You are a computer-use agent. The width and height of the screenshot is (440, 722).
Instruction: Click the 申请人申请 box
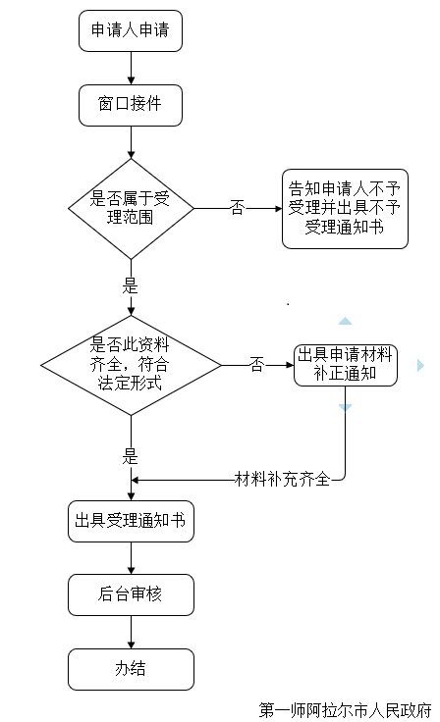coord(131,30)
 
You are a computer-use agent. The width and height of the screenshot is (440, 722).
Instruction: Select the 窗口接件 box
coord(131,105)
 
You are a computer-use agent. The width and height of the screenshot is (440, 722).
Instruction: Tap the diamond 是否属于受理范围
coord(131,209)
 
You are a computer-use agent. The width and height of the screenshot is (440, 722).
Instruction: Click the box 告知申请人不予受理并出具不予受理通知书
coord(345,209)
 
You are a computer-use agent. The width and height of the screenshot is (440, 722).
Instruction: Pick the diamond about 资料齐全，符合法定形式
coord(131,365)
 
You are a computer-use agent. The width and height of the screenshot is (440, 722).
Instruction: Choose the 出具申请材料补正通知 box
coord(346,365)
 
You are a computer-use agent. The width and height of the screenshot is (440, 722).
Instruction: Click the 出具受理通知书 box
coord(131,521)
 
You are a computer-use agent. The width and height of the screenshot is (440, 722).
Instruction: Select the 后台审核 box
coord(131,594)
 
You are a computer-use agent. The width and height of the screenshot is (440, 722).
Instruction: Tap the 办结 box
coord(131,669)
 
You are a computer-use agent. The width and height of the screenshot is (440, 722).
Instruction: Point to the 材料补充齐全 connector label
coord(282,480)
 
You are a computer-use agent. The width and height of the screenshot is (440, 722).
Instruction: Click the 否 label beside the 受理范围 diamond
coord(237,208)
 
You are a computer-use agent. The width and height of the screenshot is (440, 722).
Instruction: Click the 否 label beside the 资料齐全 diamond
coord(257,365)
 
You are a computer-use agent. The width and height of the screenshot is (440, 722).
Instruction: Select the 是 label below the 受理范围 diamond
coord(130,285)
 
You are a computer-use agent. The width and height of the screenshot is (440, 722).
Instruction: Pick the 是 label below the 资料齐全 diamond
coord(130,456)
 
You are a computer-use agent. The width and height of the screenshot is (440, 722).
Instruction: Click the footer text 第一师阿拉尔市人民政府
coord(345,710)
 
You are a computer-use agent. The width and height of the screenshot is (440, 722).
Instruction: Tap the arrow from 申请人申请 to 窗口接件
coord(131,68)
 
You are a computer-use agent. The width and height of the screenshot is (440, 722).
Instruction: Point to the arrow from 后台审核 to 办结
coord(131,632)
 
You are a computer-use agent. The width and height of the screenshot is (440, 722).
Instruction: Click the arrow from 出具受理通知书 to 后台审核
coord(131,558)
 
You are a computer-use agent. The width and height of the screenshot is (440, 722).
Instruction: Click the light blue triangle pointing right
coord(420,365)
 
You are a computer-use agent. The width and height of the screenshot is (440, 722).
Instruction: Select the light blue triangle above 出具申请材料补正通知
coord(345,322)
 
